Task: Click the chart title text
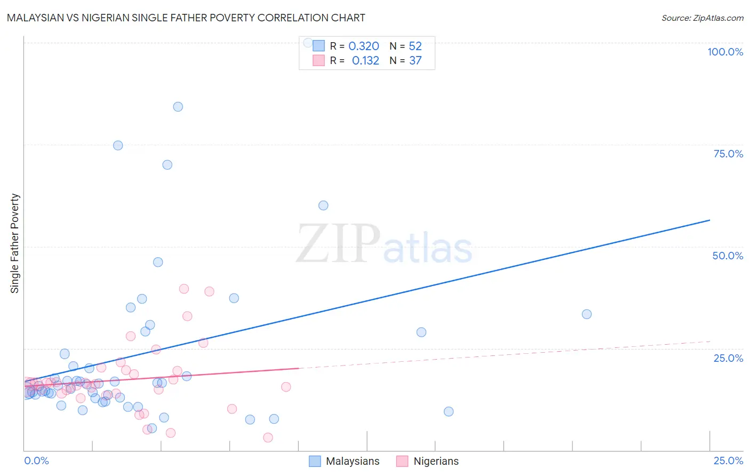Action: (x=186, y=18)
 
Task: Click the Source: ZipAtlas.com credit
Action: (x=702, y=18)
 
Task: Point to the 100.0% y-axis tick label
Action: (x=725, y=52)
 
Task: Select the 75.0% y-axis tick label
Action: (x=728, y=154)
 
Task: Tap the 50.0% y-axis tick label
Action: (x=728, y=256)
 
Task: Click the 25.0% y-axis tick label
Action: (x=728, y=358)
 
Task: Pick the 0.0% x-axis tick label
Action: (x=36, y=461)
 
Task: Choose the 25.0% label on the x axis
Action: (x=728, y=461)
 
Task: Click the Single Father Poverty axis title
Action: (x=15, y=243)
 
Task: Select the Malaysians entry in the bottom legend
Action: (x=353, y=461)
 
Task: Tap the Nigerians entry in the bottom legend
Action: (x=436, y=461)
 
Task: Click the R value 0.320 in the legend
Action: (x=364, y=46)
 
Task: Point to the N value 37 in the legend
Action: (x=416, y=61)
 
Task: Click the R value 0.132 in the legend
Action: (x=365, y=61)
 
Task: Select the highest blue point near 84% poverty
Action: (x=178, y=107)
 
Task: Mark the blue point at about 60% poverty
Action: (x=323, y=205)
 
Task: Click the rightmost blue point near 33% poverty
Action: (x=587, y=314)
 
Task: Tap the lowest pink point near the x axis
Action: (x=268, y=438)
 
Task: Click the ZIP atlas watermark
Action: (x=384, y=244)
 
